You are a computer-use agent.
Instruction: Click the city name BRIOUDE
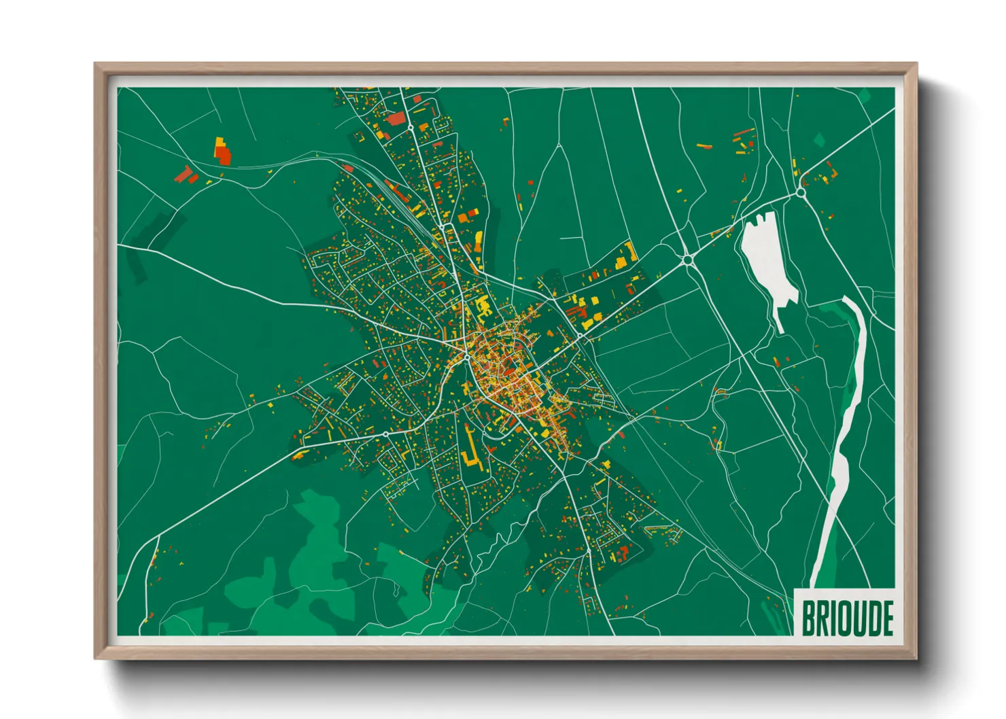coord(847,618)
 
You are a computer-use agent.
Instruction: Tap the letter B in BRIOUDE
coord(809,618)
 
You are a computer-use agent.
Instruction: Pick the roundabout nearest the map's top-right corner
coord(801,193)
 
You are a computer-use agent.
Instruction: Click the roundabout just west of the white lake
coord(687,259)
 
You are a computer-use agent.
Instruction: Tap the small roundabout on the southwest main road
coord(385,434)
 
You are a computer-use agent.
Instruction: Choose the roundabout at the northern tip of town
coord(411,127)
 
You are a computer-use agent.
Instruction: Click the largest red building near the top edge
coord(395,120)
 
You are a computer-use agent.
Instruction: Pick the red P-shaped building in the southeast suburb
coord(622,553)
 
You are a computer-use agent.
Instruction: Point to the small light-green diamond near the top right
coord(819,141)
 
